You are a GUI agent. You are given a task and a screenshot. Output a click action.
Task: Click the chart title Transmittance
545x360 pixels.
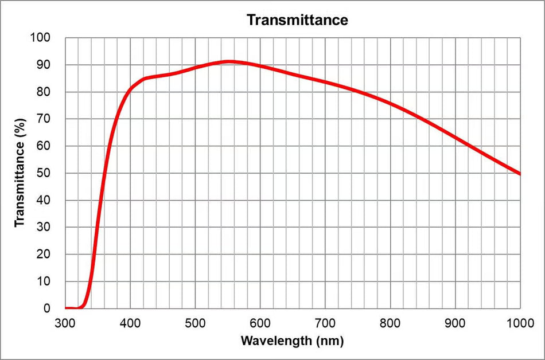(297, 20)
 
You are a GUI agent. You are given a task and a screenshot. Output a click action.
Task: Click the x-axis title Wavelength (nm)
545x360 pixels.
(293, 341)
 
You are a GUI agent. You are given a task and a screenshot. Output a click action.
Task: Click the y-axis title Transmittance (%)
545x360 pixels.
(20, 173)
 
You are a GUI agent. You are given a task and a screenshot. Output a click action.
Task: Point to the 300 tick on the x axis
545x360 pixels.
(65, 323)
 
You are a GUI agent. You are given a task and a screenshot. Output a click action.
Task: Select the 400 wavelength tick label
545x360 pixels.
(130, 323)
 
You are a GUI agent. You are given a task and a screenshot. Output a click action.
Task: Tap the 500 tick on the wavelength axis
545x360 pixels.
(195, 323)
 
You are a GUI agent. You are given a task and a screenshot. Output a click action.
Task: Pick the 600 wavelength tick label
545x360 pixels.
(260, 323)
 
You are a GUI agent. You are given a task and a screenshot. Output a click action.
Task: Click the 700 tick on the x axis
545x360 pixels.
(325, 323)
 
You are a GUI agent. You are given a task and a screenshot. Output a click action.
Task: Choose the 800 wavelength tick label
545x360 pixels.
(390, 323)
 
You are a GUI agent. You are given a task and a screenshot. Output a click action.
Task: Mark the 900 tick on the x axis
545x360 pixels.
(455, 323)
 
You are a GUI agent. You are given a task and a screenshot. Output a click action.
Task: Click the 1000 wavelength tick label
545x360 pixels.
(520, 323)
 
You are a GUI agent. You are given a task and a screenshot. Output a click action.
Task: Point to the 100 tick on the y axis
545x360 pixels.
(40, 37)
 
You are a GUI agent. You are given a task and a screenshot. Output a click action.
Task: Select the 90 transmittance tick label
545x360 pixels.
(44, 65)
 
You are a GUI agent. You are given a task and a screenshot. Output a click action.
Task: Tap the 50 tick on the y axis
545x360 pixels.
(44, 173)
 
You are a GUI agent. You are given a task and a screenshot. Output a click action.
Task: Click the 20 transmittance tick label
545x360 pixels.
(44, 254)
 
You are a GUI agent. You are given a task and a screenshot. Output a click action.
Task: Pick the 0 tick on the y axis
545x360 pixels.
(47, 308)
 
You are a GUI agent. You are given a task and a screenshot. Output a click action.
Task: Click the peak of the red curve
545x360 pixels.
(228, 62)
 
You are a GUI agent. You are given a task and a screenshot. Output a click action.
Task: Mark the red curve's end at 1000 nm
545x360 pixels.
(520, 174)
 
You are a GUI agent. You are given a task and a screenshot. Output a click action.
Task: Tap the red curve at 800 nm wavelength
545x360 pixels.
(390, 103)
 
